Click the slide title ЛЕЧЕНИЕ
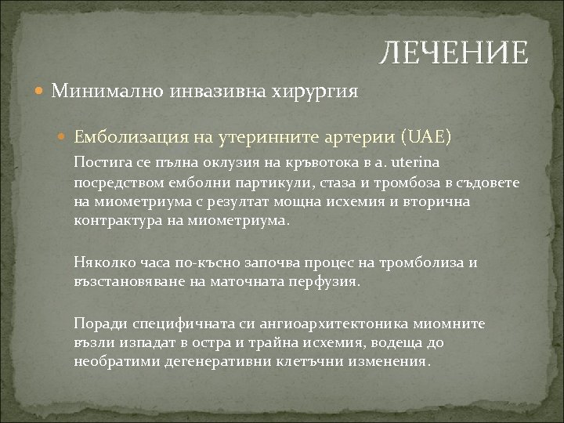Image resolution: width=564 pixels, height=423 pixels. (x=454, y=53)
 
